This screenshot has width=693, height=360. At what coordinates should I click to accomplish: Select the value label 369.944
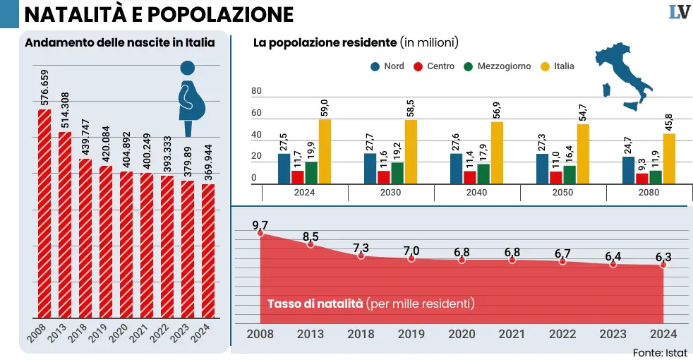click(x=207, y=158)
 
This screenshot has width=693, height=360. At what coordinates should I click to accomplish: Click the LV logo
click(x=679, y=13)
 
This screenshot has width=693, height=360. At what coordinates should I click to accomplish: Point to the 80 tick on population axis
click(x=256, y=91)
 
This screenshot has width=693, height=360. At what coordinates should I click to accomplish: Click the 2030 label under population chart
click(x=390, y=193)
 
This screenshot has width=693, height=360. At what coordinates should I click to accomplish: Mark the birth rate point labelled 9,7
click(x=260, y=233)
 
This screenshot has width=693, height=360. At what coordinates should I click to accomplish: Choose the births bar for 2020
click(x=126, y=244)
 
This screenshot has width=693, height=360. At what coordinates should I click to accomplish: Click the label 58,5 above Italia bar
click(x=411, y=107)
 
